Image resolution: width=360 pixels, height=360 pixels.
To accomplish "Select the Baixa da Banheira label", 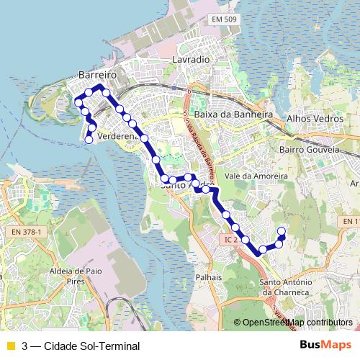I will [x=233, y=114].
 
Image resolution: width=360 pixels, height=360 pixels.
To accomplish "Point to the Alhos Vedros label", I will [x=313, y=116].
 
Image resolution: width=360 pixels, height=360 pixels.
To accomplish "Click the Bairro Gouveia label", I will [x=309, y=150].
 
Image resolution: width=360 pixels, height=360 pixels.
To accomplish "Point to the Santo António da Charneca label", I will [x=285, y=288].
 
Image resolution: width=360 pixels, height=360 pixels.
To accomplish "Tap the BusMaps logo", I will [x=325, y=345].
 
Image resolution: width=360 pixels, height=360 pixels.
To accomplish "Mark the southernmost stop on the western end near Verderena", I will [x=89, y=140].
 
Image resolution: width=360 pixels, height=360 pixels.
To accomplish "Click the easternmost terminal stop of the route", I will [x=282, y=231].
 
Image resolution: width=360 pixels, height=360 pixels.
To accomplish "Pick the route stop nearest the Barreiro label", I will [x=89, y=91].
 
